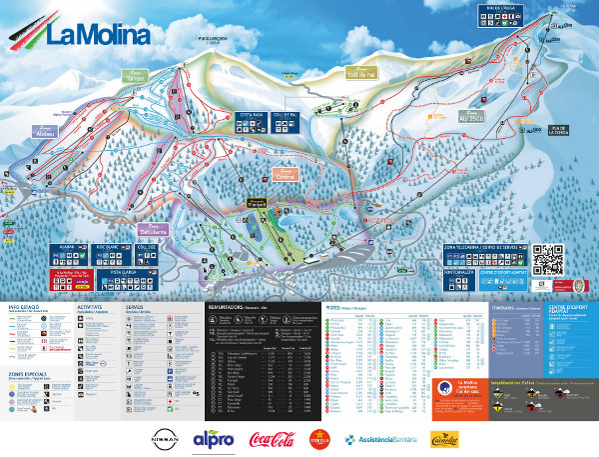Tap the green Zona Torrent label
tap(136, 76)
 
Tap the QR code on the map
tap(548, 260)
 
